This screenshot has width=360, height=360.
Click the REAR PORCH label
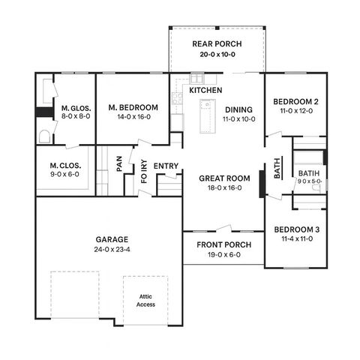coord(215,43)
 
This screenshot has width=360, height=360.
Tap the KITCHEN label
coord(205,90)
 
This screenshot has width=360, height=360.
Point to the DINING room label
coord(238,109)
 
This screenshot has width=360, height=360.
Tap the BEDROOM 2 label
coord(295,102)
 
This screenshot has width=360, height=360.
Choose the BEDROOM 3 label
coord(295,229)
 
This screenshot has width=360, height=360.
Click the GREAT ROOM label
coord(220,178)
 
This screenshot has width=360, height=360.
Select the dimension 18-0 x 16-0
coord(220,187)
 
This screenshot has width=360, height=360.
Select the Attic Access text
coord(145,300)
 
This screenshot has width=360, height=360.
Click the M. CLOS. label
coord(64,165)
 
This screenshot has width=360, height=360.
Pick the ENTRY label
coord(165,166)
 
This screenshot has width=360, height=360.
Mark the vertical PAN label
coord(119,163)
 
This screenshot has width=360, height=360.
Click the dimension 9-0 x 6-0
coord(64,174)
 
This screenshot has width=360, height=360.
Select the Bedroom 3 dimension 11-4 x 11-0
coord(295,238)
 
